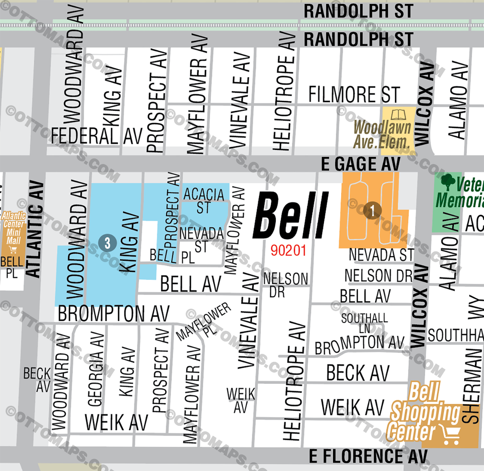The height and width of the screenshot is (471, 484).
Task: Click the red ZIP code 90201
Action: pyautogui.click(x=288, y=251)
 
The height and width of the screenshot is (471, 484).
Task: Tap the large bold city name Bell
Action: pyautogui.click(x=291, y=216)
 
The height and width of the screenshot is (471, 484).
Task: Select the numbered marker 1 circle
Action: pyautogui.click(x=372, y=210)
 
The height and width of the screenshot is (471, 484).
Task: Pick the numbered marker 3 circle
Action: pyautogui.click(x=107, y=243)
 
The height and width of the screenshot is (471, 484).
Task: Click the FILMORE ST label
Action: pyautogui.click(x=354, y=95)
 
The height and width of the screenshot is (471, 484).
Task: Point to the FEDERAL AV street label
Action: pyautogui.click(x=97, y=136)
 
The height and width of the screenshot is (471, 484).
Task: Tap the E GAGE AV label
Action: pyautogui.click(x=361, y=164)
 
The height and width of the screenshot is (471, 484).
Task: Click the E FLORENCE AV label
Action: pyautogui.click(x=368, y=456)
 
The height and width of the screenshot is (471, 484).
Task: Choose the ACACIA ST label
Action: pyautogui.click(x=204, y=201)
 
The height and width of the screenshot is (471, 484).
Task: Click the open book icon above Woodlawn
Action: pyautogui.click(x=398, y=115)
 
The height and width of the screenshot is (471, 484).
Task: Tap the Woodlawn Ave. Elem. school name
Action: pyautogui.click(x=382, y=135)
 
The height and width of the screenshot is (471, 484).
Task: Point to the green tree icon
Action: pyautogui.click(x=447, y=183)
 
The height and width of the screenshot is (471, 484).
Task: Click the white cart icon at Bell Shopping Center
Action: pyautogui.click(x=451, y=434)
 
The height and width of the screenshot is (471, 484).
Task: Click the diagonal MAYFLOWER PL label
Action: pyautogui.click(x=204, y=321)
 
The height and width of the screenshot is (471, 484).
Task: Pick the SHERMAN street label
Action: pyautogui.click(x=472, y=386)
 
